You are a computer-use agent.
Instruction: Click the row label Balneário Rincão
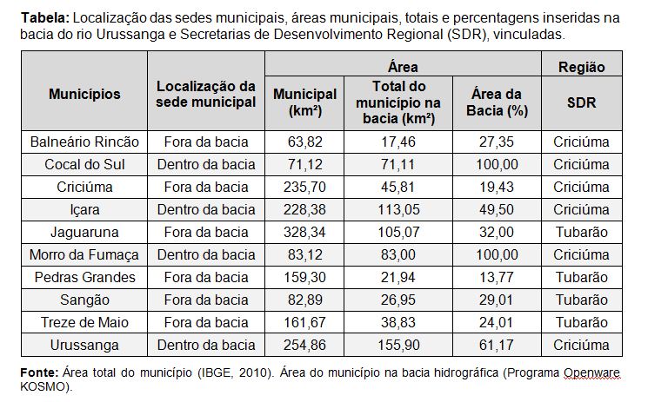click(84, 142)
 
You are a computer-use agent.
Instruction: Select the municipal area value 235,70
click(304, 187)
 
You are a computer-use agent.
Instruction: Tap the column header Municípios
click(84, 94)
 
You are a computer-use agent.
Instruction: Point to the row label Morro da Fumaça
click(84, 254)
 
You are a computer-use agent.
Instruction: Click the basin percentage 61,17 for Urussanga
click(497, 345)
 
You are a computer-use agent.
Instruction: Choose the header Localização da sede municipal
click(206, 94)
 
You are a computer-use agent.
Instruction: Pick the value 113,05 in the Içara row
click(398, 209)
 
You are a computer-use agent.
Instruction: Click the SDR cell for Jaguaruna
click(581, 232)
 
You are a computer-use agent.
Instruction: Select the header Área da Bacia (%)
click(497, 102)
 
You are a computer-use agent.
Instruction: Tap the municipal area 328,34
click(304, 232)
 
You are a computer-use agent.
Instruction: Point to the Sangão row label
click(84, 300)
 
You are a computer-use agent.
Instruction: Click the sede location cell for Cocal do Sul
click(206, 164)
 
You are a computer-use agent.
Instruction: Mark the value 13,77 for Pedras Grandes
click(497, 277)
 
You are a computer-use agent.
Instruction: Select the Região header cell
click(581, 67)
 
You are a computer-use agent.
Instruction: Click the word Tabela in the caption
click(41, 17)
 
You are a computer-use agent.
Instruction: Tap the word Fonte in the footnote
click(38, 372)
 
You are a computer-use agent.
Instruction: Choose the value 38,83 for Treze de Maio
click(398, 322)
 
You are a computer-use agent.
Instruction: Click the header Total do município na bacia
click(398, 102)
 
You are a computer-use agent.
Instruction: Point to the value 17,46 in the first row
click(398, 142)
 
